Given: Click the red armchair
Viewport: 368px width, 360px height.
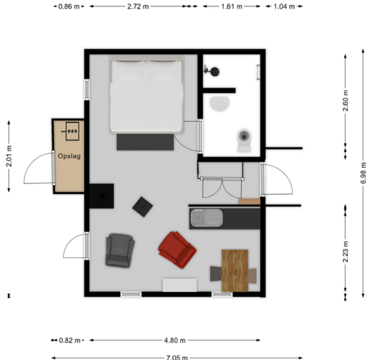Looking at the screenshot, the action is pyautogui.click(x=177, y=250).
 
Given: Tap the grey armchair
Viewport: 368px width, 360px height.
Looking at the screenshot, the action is pyautogui.click(x=120, y=251).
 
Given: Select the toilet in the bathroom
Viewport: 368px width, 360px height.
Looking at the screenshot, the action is pyautogui.click(x=244, y=140).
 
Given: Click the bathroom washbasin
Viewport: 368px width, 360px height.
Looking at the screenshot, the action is pyautogui.click(x=219, y=104).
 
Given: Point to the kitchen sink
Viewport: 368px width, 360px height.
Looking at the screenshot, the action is pyautogui.click(x=206, y=218).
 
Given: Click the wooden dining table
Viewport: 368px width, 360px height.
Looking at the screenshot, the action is pyautogui.click(x=235, y=271).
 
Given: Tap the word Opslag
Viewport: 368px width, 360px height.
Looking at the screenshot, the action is pyautogui.click(x=69, y=156).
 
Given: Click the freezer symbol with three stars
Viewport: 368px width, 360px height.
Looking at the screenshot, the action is pyautogui.click(x=72, y=131).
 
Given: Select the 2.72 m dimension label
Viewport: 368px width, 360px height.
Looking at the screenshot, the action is pyautogui.click(x=138, y=6).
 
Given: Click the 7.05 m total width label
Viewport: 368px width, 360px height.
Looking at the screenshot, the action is pyautogui.click(x=177, y=358).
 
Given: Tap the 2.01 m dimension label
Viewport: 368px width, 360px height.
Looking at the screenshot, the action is pyautogui.click(x=9, y=156).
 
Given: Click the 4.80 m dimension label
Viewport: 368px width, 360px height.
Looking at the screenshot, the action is pyautogui.click(x=175, y=340).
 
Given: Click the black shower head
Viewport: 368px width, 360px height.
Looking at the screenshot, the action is pyautogui.click(x=214, y=72).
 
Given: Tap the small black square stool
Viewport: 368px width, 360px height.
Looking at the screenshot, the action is pyautogui.click(x=142, y=207).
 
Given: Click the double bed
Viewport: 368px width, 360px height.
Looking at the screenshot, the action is pyautogui.click(x=146, y=94).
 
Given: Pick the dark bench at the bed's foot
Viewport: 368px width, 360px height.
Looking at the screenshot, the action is pyautogui.click(x=145, y=142).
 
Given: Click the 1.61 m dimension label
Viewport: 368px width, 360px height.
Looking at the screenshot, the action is pyautogui.click(x=231, y=6).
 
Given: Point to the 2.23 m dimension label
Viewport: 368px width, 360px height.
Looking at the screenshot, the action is pyautogui.click(x=345, y=251).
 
